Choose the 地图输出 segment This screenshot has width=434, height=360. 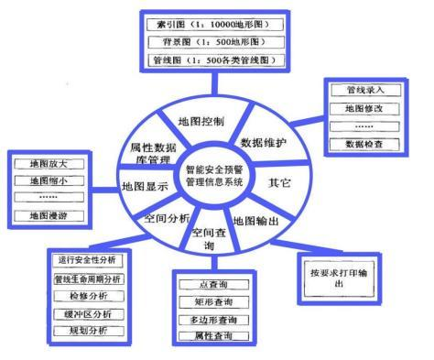click(255, 221)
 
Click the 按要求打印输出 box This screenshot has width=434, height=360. click(341, 278)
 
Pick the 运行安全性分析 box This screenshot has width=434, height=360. click(88, 259)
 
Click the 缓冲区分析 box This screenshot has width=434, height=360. click(88, 311)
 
